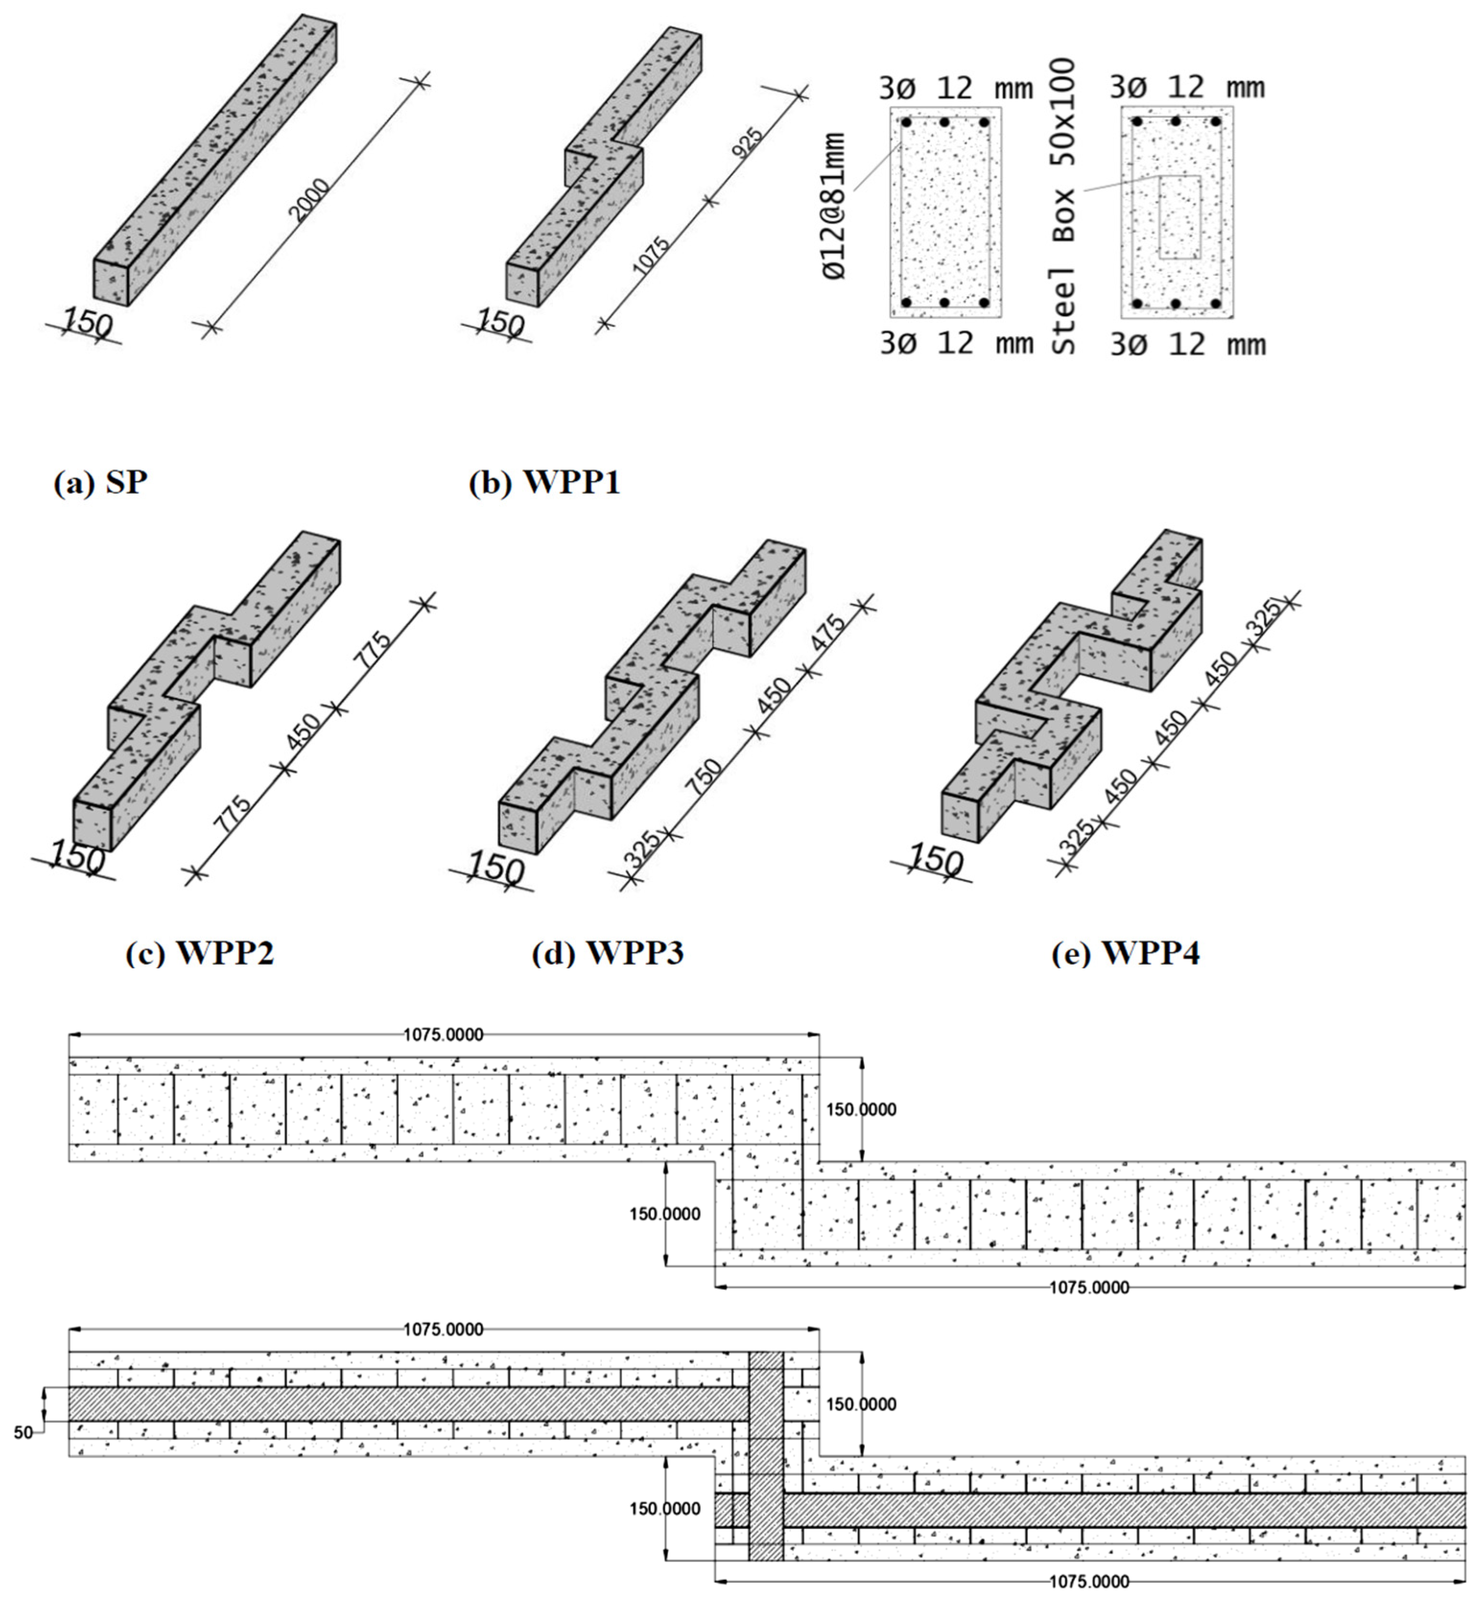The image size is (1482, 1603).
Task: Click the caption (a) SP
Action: [x=100, y=483]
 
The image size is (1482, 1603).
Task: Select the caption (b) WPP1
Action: [x=544, y=483]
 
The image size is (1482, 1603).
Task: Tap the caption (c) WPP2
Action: [x=200, y=953]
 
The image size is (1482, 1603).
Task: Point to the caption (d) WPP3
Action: [x=607, y=953]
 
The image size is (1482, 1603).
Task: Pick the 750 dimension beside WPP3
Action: [x=704, y=777]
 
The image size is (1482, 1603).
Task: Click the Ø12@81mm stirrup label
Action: [x=835, y=207]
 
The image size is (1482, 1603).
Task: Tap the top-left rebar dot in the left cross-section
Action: [x=906, y=123]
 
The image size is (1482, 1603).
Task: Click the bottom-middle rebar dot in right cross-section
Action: [x=1176, y=304]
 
